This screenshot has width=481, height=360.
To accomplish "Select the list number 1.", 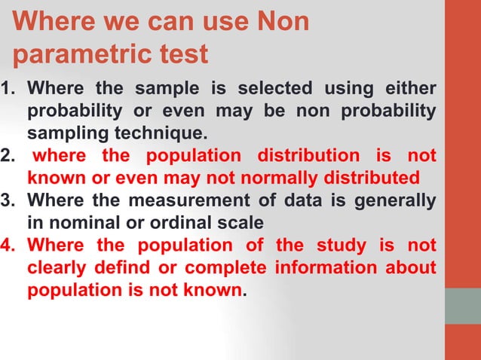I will click(8, 90).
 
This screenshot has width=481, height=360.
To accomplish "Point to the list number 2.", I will click(8, 157).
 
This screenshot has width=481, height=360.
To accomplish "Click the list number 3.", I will click(8, 202).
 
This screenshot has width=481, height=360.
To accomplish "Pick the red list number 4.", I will click(9, 246).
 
